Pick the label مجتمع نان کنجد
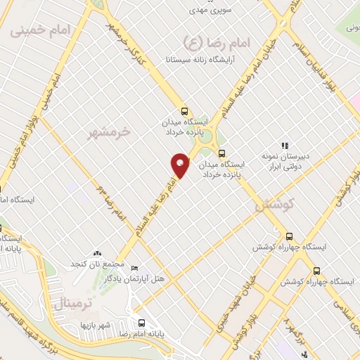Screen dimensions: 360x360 (x=96, y=264)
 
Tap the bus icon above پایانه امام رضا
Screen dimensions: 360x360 (x=142, y=323)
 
